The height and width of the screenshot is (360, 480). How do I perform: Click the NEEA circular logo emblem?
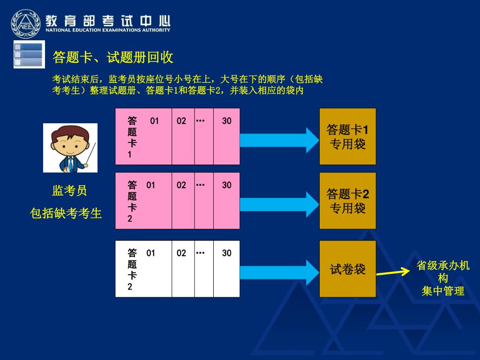tap(26, 23)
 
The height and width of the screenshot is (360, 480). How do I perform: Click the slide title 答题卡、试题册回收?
tap(113, 57)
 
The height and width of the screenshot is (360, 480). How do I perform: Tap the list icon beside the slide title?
tap(29, 54)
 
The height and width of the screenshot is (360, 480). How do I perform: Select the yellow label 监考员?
tap(69, 191)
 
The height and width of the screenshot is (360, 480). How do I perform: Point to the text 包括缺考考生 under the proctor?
tap(66, 214)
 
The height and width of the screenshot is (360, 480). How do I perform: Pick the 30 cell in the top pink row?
tap(227, 136)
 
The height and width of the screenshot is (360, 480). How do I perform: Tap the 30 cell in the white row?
tap(227, 269)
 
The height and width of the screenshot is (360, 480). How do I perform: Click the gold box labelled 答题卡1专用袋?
tap(347, 136)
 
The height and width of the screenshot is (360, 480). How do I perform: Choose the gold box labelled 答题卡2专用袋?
tap(347, 201)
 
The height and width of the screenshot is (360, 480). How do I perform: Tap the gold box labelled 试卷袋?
tap(347, 269)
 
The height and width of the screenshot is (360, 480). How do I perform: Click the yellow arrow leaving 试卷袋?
tap(393, 272)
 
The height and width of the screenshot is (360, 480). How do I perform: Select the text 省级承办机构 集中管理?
tap(443, 278)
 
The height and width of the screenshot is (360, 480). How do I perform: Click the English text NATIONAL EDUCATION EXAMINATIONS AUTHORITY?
tap(108, 30)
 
